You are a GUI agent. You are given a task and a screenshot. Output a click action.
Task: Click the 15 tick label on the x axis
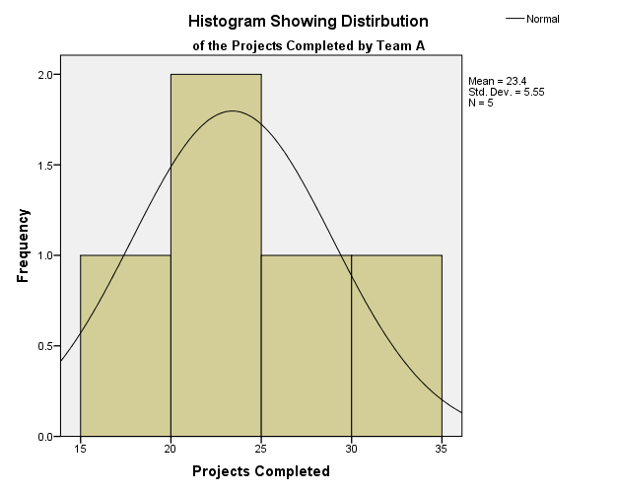80,449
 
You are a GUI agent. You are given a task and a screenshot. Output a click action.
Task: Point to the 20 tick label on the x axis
171,449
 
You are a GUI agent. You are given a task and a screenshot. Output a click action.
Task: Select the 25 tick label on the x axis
261,449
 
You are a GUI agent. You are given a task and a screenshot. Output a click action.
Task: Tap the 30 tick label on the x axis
352,449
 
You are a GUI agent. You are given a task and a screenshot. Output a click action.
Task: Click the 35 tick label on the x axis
442,449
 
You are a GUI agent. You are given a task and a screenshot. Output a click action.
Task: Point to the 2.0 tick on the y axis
44,74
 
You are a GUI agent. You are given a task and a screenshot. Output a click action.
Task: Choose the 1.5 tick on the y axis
44,165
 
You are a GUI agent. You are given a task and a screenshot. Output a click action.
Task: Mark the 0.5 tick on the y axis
44,346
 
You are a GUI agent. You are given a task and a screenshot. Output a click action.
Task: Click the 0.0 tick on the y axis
44,436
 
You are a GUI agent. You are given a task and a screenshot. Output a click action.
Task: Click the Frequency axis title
23,246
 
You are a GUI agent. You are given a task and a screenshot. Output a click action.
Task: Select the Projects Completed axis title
260,471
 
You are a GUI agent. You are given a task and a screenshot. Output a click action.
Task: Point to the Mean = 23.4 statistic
499,82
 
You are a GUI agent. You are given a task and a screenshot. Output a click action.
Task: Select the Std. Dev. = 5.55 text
507,92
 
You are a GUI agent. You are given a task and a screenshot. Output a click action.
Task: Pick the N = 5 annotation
481,102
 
